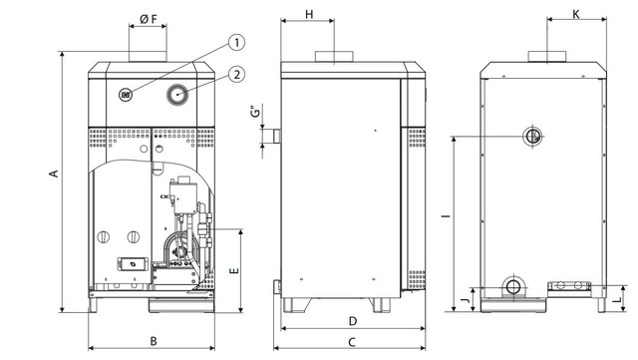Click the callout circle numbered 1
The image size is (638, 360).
(x=237, y=43)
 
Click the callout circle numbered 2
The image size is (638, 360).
(x=237, y=75)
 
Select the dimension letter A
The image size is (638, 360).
(x=54, y=174)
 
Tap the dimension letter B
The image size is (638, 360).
(x=154, y=341)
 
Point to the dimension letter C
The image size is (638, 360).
(x=352, y=342)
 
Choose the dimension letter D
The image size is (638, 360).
(x=353, y=321)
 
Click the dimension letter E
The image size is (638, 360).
(x=234, y=271)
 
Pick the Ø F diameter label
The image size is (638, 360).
(x=149, y=19)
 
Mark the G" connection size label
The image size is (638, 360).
(x=255, y=112)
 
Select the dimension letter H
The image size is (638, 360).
(x=309, y=14)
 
